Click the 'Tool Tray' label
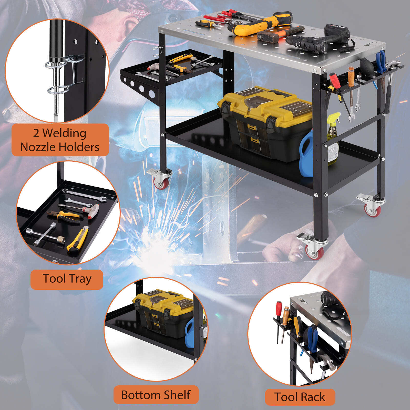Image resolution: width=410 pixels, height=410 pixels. [x=67, y=279]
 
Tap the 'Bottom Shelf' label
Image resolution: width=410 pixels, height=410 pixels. [x=156, y=395]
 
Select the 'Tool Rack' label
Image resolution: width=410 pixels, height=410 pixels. [x=300, y=397]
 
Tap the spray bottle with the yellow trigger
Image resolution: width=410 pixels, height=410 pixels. [x=333, y=138]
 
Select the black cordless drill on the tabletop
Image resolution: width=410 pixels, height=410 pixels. [x=319, y=40]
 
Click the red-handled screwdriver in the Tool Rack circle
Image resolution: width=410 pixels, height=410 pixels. [x=279, y=320]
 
